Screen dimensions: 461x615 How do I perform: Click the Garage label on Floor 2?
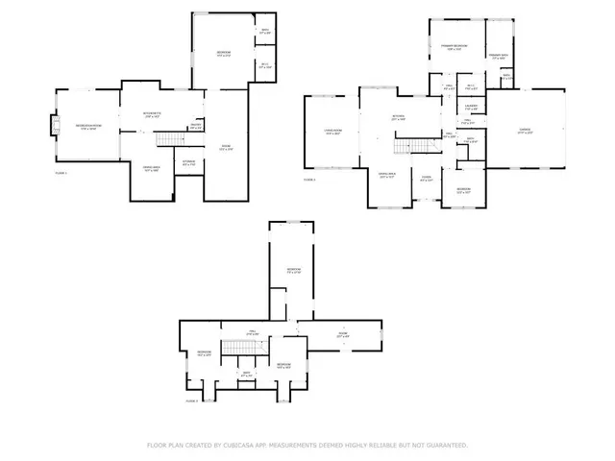click(x=525, y=131)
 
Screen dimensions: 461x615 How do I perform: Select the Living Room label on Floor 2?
click(x=332, y=133)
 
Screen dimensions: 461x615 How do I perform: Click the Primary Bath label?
click(x=498, y=58)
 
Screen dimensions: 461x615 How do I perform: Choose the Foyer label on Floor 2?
click(x=425, y=178)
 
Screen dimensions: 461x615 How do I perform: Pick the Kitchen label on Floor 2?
click(x=398, y=117)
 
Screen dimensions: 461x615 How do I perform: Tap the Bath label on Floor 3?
click(x=246, y=373)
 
